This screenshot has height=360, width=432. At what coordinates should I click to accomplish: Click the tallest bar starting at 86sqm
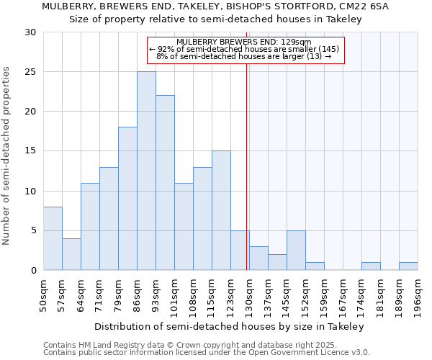146,171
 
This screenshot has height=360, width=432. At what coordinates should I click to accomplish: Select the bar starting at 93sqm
165,183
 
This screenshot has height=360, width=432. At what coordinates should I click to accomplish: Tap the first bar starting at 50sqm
53,238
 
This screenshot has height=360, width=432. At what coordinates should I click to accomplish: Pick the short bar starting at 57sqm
71,254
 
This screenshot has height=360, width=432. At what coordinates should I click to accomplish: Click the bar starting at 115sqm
221,210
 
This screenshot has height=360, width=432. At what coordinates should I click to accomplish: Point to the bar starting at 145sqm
296,250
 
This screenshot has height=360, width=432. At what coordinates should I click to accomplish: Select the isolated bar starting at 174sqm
371,266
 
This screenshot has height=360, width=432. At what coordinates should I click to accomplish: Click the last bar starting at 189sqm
408,266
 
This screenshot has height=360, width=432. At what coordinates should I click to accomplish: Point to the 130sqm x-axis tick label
249,294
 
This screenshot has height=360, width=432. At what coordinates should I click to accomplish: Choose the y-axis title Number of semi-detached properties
7,156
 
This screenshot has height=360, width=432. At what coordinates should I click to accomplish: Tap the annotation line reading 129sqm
243,42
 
